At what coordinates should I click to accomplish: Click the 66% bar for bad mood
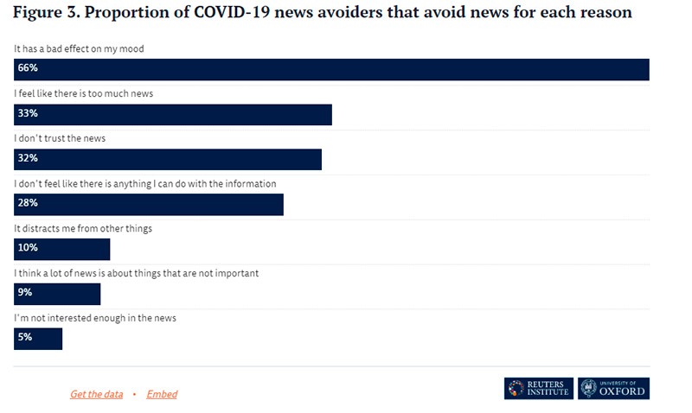332,70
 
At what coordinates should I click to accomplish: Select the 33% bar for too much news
173,115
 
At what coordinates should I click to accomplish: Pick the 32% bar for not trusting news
168,160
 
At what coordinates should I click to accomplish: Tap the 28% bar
149,205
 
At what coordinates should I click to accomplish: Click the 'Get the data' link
96,394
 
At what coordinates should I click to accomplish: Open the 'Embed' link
162,394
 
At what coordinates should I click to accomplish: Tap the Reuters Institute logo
538,389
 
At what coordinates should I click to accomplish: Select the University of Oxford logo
613,389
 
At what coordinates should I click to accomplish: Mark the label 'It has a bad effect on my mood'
79,49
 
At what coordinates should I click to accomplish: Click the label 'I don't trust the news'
61,138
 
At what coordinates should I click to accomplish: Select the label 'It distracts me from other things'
83,228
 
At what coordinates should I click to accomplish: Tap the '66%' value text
28,68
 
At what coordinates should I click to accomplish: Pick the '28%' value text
28,203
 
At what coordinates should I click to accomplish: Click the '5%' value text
25,337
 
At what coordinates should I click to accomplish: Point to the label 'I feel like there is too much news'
84,93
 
